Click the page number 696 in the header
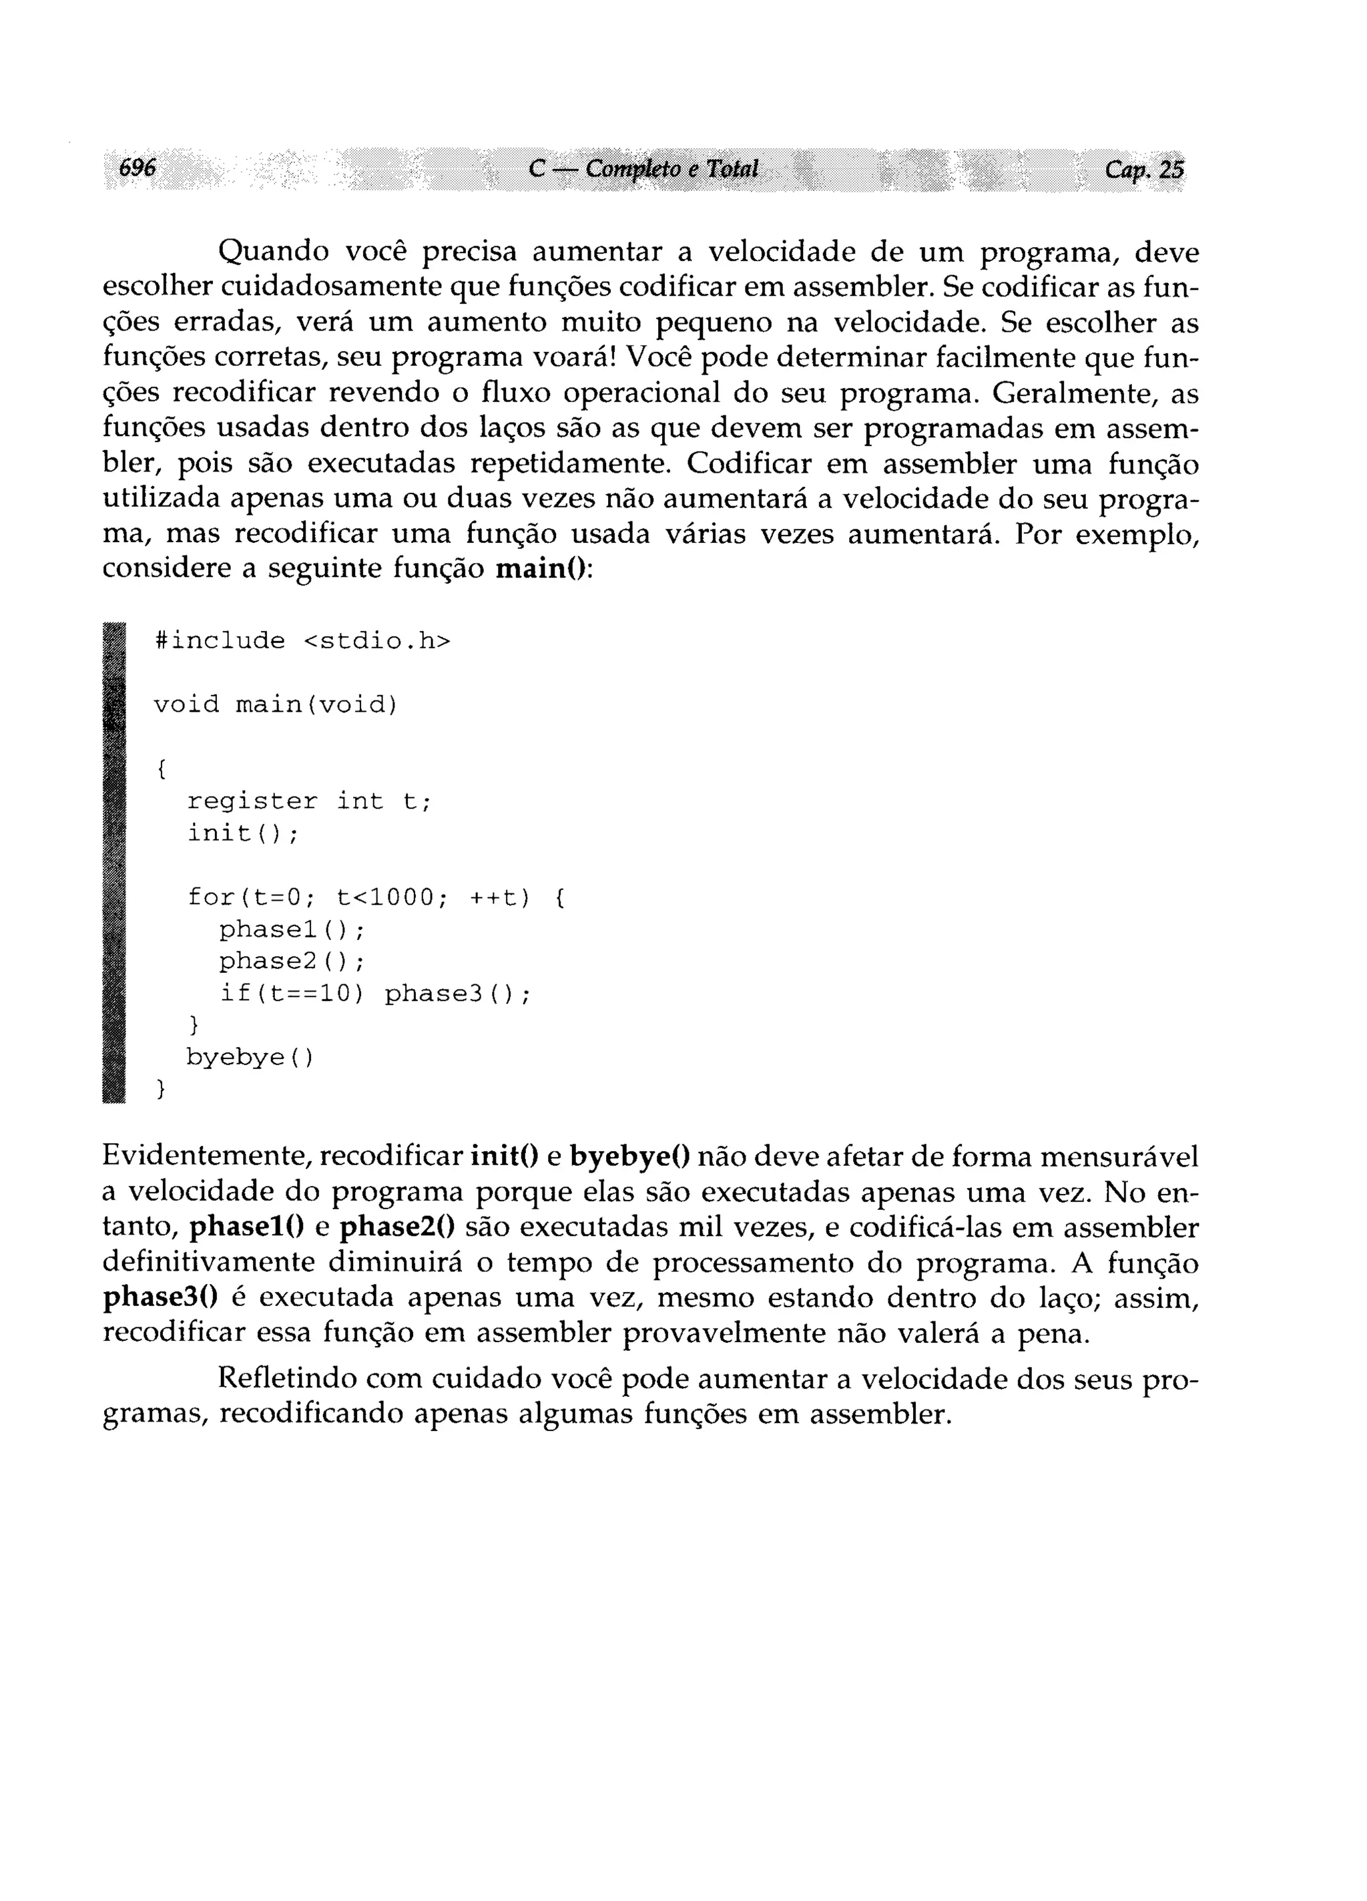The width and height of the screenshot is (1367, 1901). tap(138, 168)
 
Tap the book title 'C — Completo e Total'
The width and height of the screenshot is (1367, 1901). tap(643, 170)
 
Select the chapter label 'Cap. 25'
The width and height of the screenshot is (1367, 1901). tap(1144, 170)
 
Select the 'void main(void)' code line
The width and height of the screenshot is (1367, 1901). tap(275, 705)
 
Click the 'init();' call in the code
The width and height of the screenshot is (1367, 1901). tap(242, 834)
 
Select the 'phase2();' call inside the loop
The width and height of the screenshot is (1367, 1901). tap(292, 962)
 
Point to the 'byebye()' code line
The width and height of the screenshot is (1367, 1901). tap(250, 1058)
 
